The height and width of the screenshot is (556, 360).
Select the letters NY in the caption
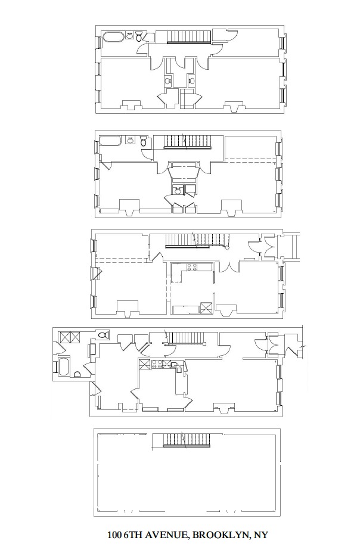tap(261, 536)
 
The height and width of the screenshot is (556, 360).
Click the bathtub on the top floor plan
tap(113, 37)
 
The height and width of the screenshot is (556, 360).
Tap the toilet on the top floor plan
tap(139, 38)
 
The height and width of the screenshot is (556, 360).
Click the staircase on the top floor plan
tap(188, 37)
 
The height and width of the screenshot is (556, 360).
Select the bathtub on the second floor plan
tap(110, 141)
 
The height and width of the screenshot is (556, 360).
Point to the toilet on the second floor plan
tap(144, 142)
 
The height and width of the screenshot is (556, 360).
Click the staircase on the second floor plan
tap(188, 142)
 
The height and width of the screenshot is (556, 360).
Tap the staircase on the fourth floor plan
tap(188, 338)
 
